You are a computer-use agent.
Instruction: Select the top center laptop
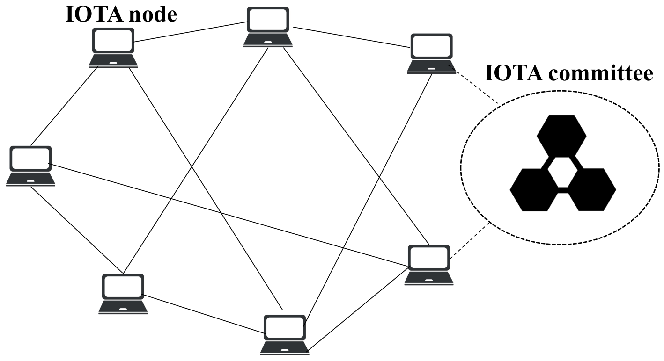pos(268,27)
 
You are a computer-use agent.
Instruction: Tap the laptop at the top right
pos(431,53)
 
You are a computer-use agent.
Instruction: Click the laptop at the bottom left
pos(123,293)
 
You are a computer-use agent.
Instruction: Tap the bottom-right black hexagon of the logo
pos(590,189)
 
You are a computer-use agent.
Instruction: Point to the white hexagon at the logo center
pos(562,173)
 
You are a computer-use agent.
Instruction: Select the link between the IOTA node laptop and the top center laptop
pos(190,32)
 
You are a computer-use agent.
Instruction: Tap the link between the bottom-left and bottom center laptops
pos(204,313)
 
